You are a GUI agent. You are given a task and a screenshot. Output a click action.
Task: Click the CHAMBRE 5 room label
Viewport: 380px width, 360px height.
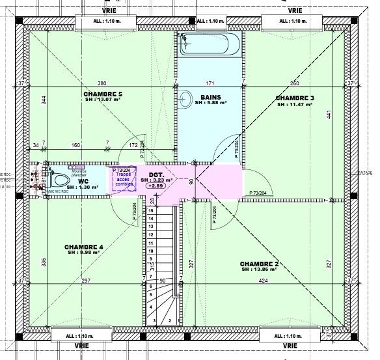click(103, 94)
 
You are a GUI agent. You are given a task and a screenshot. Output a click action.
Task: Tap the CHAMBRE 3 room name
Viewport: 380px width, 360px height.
click(295, 98)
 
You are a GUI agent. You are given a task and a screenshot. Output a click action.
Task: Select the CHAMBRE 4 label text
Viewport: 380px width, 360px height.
click(84, 247)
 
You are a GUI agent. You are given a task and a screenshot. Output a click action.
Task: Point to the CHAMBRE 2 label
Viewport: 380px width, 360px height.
click(260, 263)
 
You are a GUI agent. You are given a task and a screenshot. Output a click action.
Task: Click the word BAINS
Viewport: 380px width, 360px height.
click(210, 97)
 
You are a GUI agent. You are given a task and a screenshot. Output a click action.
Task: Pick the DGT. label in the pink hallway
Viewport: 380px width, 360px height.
click(156, 174)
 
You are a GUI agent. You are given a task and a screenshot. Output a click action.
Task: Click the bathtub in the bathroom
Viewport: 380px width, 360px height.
click(210, 45)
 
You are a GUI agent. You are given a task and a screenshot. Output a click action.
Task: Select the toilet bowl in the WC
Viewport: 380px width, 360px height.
click(61, 179)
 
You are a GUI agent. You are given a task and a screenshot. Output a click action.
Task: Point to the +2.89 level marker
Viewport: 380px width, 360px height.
click(156, 186)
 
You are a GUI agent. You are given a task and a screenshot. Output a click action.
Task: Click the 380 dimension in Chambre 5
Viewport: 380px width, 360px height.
click(102, 83)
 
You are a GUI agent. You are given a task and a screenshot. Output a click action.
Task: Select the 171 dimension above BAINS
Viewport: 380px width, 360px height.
click(210, 83)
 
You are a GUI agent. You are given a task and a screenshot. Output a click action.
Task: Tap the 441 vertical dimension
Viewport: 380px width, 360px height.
click(329, 115)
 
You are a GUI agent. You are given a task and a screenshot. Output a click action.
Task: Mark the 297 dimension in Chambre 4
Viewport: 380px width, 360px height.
click(86, 281)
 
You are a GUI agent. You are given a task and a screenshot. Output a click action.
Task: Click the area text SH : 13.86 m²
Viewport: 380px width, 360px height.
click(260, 269)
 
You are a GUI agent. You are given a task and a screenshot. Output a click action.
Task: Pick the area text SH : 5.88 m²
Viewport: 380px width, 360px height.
click(210, 103)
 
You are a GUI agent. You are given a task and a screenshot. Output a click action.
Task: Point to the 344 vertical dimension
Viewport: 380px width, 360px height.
click(44, 100)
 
